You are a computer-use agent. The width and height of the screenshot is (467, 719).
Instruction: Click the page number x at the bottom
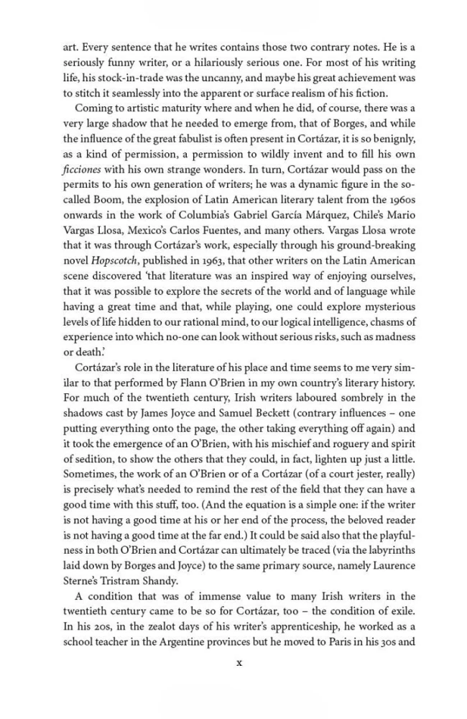[x=239, y=662]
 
